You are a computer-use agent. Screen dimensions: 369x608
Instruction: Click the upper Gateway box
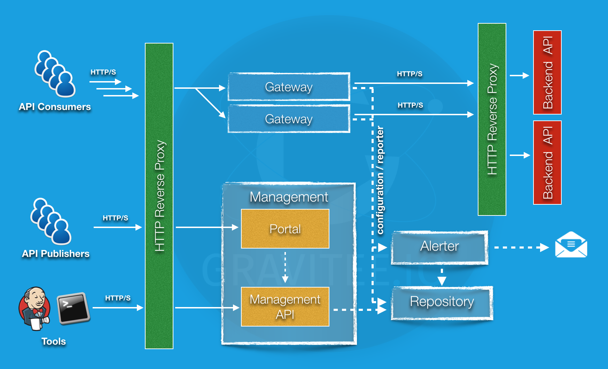pos(289,87)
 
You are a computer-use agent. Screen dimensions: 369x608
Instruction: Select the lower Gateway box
pos(289,119)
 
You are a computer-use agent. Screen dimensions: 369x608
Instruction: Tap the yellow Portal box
pos(285,229)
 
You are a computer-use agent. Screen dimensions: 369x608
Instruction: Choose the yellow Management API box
pos(285,307)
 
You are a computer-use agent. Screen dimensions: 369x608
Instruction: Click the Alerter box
pos(439,246)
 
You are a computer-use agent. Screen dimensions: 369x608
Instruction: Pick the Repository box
pos(442,302)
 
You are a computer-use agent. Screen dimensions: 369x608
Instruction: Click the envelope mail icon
pos(571,245)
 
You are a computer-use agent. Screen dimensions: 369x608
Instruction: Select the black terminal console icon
pos(73,308)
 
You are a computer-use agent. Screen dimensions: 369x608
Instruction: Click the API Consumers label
pos(55,107)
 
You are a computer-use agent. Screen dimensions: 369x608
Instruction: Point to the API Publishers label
pos(56,254)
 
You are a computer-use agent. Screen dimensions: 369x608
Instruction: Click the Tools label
pos(54,341)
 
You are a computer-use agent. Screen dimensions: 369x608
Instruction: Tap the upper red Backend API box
pos(547,72)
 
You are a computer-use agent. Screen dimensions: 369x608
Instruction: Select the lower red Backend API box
pos(547,163)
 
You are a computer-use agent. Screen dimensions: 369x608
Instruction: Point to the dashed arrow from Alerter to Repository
pos(442,276)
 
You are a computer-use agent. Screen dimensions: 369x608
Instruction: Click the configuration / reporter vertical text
pos(380,180)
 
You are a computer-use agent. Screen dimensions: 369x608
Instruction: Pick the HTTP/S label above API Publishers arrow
pos(115,218)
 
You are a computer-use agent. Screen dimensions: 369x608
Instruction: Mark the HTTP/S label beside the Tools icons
pos(118,298)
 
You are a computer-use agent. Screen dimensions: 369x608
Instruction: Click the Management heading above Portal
pos(289,197)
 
